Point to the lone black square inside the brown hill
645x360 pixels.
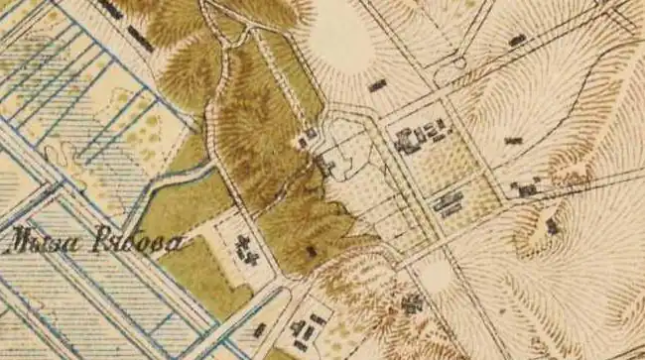coord(311,252)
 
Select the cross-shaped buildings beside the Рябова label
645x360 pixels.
coord(245,250)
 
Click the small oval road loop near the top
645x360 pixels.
coord(458,64)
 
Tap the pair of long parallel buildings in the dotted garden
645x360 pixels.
coord(448,204)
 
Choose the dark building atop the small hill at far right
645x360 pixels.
coord(552,227)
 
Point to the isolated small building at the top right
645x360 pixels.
coord(516,41)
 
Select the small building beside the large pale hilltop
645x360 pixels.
coord(377,86)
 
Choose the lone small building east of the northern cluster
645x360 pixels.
coord(512,140)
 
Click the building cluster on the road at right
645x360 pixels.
coord(526,186)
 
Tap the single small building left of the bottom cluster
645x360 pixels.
coord(260,329)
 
